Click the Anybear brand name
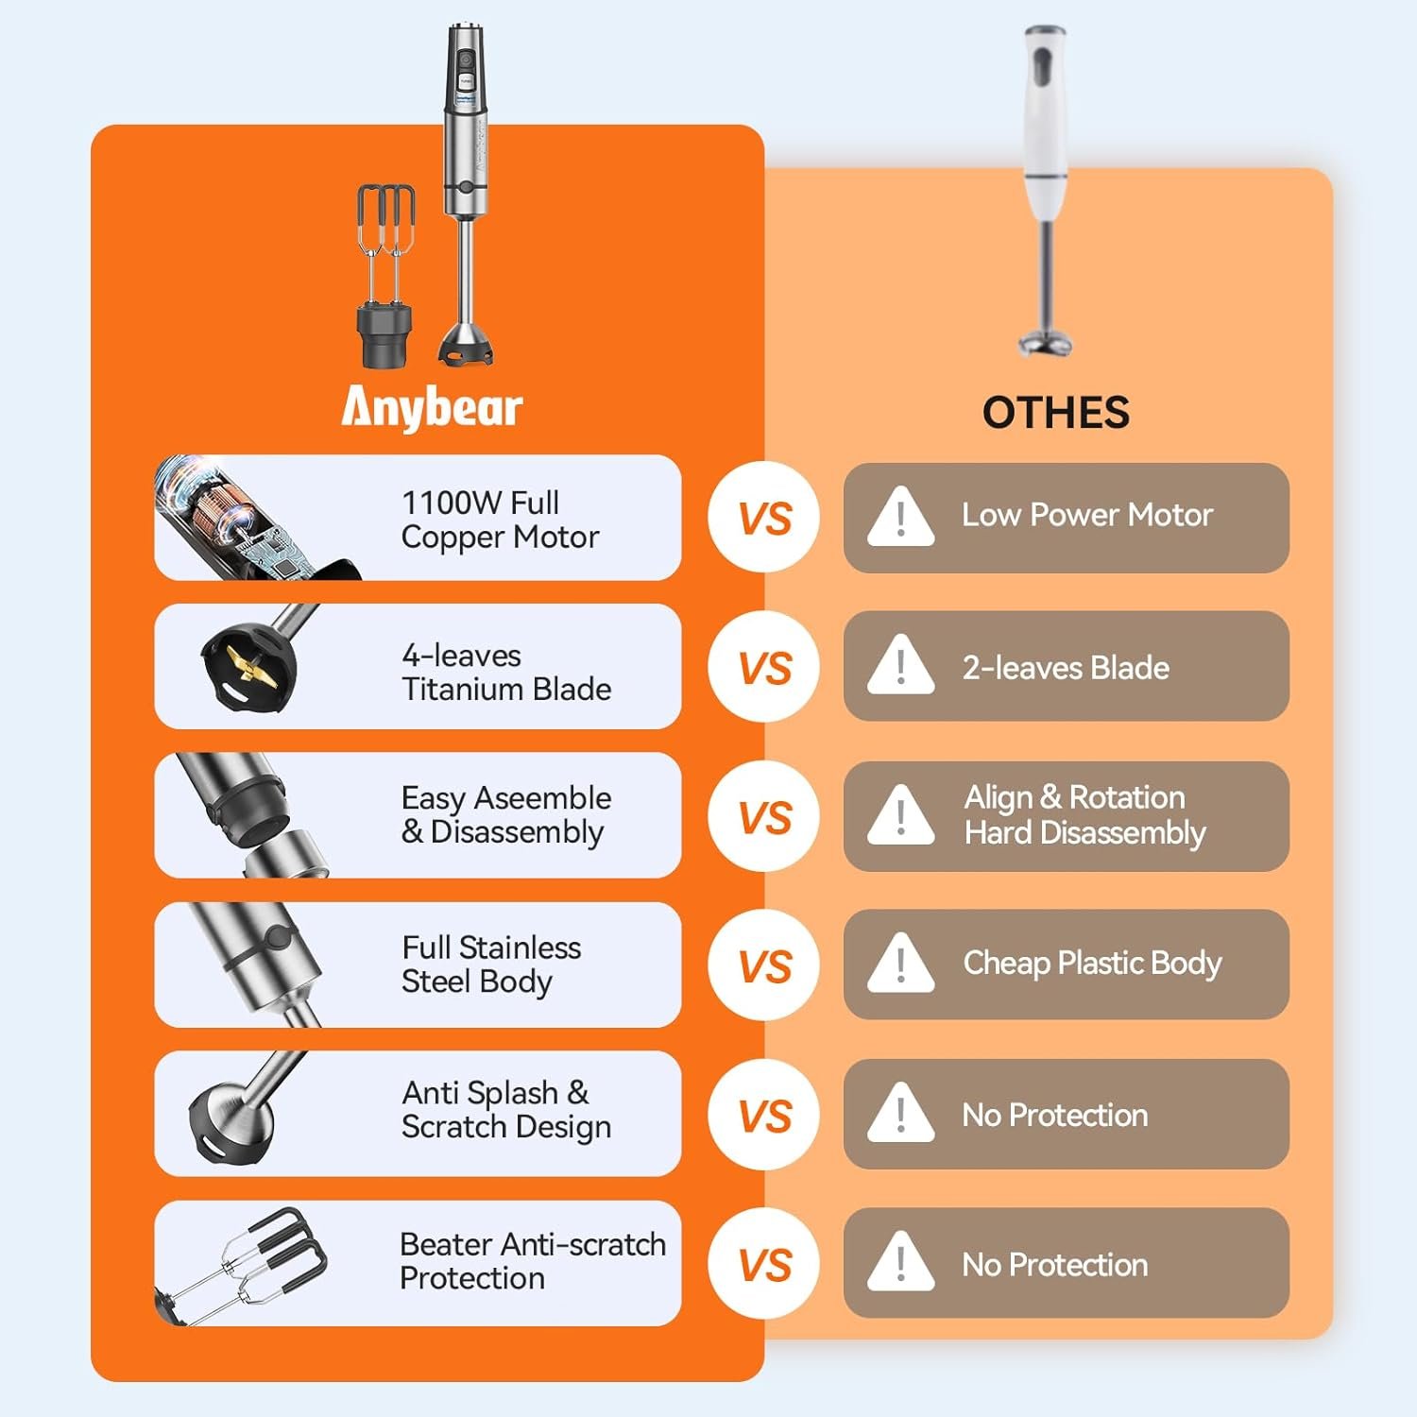coord(432,408)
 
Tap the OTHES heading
coord(1055,413)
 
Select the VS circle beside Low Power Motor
coord(764,518)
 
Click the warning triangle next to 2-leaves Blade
coord(900,665)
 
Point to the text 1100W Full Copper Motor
coord(500,520)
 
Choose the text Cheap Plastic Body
coord(1092,964)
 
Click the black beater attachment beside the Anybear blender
coord(385,276)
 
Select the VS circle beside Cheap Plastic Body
coord(764,965)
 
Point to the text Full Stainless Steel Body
coord(491,965)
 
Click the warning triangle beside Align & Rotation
coord(900,814)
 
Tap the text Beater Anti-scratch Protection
coord(533,1261)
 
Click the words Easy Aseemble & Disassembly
coord(506,815)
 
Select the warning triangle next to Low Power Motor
coord(900,516)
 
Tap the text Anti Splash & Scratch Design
coord(506,1110)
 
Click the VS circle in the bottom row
coord(764,1264)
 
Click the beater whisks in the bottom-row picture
coord(246,1264)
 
